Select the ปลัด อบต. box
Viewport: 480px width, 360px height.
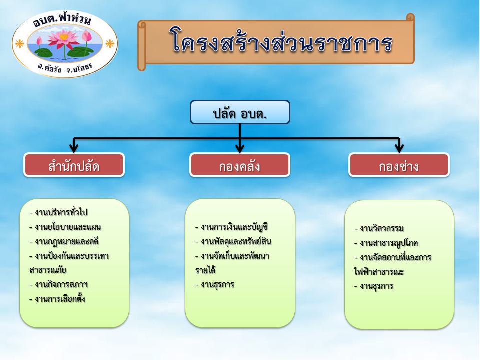tap(240, 112)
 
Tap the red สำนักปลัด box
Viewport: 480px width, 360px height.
tap(74, 165)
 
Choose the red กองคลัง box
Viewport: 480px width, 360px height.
tap(239, 165)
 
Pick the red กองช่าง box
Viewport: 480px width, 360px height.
tap(399, 165)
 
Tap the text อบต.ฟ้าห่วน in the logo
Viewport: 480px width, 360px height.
tap(62, 20)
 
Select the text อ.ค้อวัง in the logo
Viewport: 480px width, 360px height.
tap(49, 68)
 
